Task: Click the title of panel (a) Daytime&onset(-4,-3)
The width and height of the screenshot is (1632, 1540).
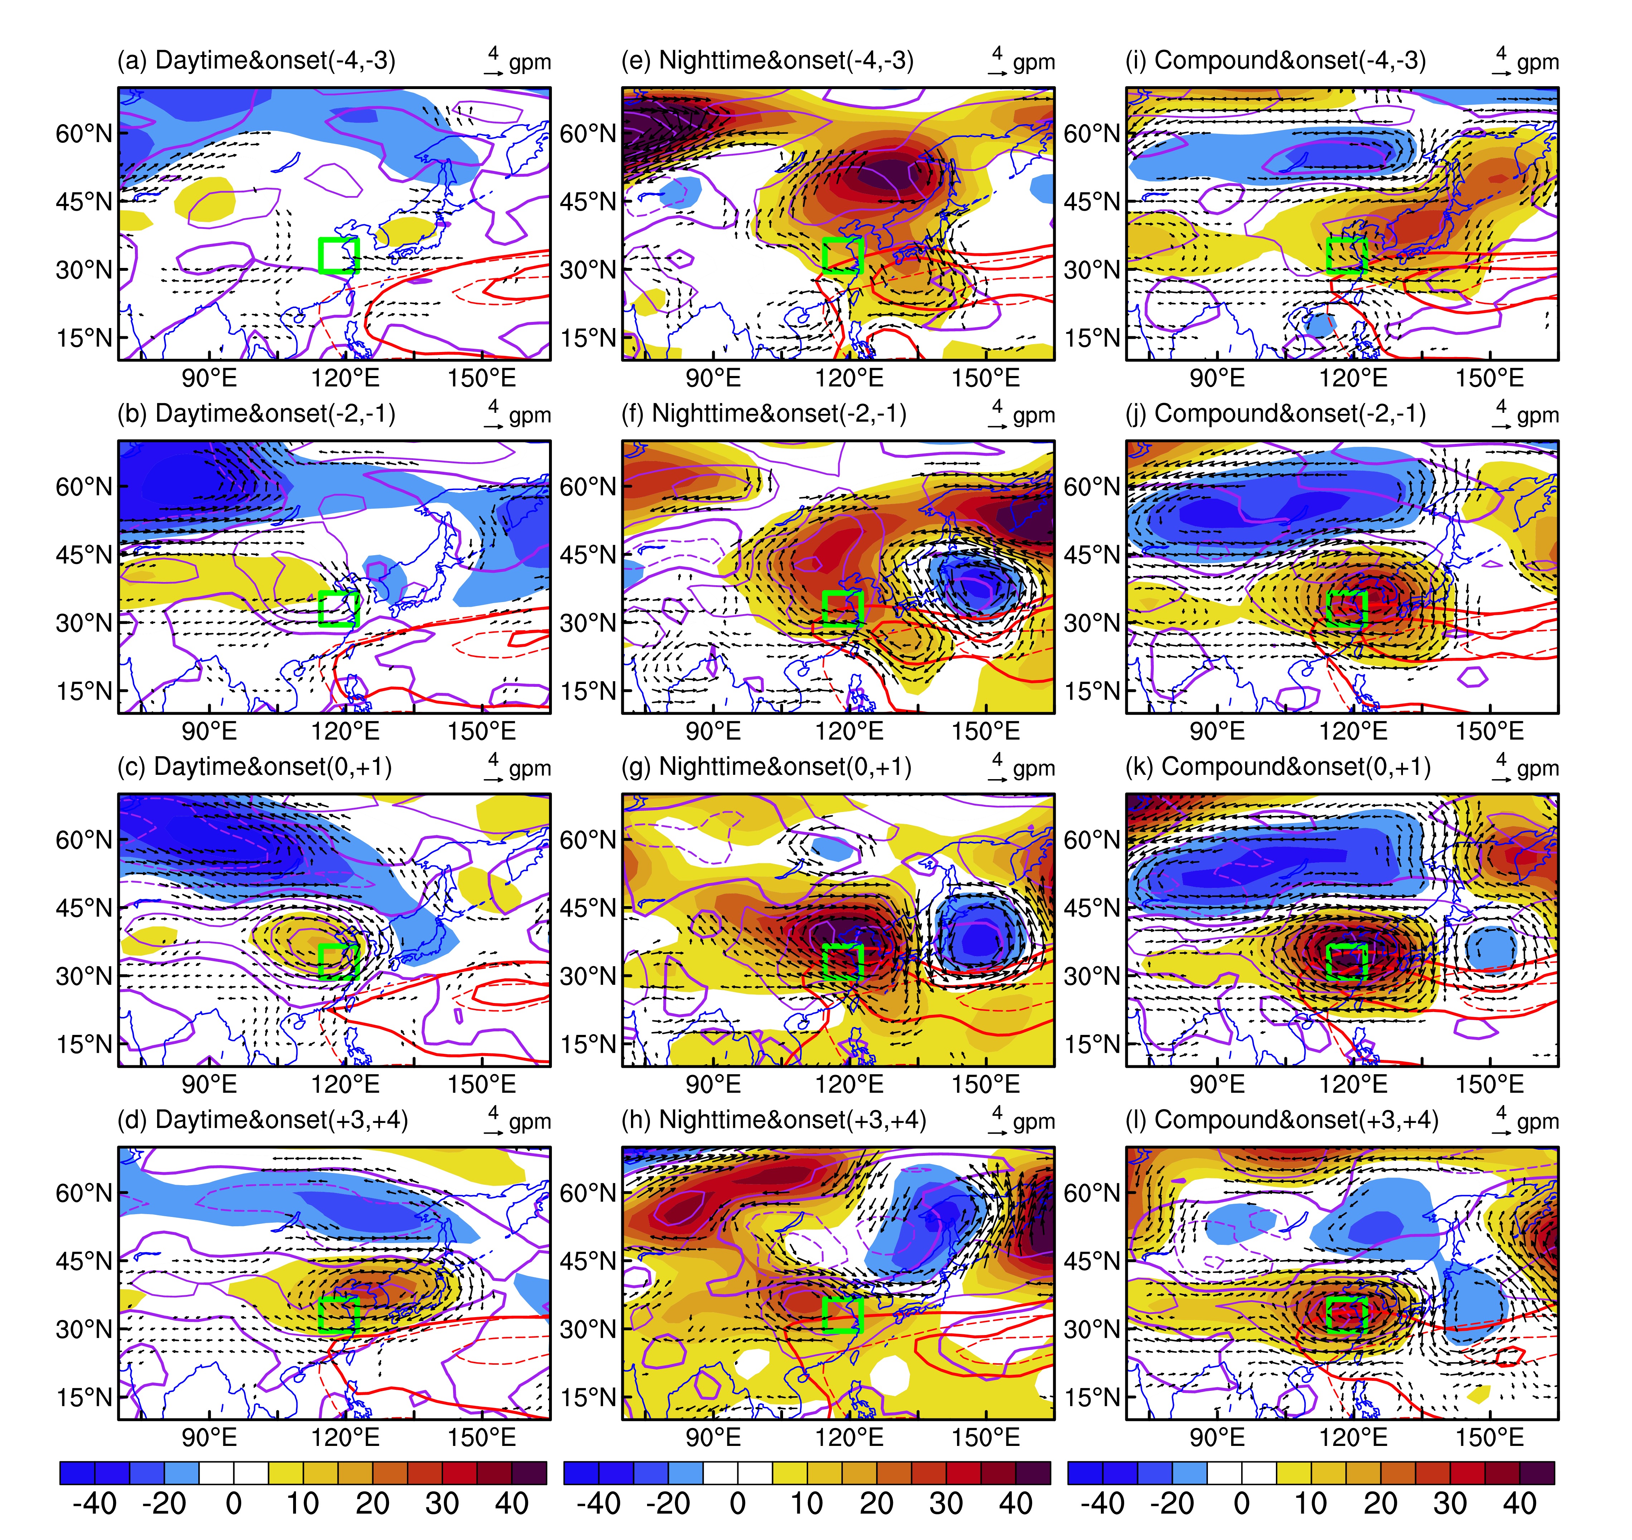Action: (x=256, y=61)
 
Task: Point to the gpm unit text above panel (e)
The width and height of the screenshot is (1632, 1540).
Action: (x=1033, y=62)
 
